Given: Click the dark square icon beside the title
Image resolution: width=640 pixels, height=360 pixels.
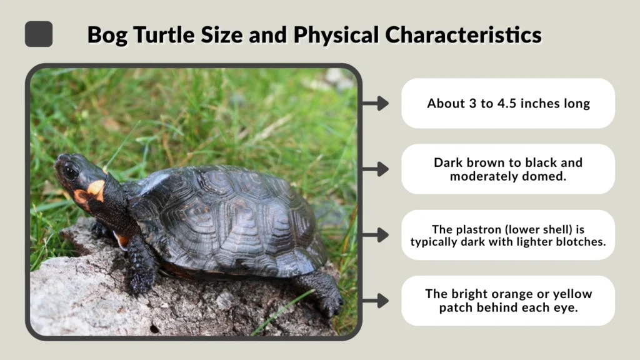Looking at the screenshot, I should tap(39, 34).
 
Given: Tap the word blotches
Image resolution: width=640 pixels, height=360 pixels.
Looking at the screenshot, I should tap(581, 241).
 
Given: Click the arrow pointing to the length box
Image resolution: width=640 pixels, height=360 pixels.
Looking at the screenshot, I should tap(376, 104).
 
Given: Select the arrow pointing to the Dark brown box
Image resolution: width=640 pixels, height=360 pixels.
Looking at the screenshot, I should tap(376, 169).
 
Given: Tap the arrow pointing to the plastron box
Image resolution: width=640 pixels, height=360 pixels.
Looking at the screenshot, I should tap(376, 235).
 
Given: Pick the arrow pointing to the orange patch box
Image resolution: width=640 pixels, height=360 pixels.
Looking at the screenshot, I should tap(376, 301).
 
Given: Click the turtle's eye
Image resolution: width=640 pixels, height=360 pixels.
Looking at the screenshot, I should tap(70, 171).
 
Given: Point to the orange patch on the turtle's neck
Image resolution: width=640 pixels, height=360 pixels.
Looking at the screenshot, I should tap(95, 189).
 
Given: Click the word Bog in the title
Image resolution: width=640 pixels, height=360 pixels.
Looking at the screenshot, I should tap(103, 34).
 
